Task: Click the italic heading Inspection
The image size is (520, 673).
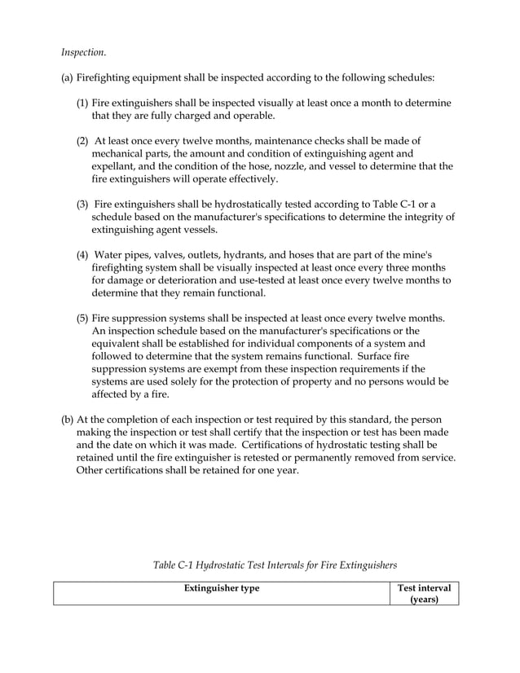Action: coord(83,52)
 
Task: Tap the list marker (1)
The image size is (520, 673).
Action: coord(82,103)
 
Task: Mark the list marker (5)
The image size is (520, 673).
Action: coord(82,317)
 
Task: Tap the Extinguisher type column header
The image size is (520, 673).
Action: coord(222,588)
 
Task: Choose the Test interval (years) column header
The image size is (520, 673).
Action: coord(424,594)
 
